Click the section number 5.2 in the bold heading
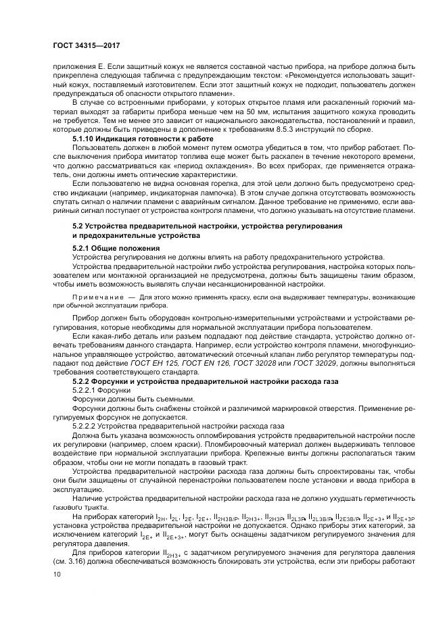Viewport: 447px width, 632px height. click(x=78, y=224)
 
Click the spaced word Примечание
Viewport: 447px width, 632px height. click(x=99, y=297)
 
